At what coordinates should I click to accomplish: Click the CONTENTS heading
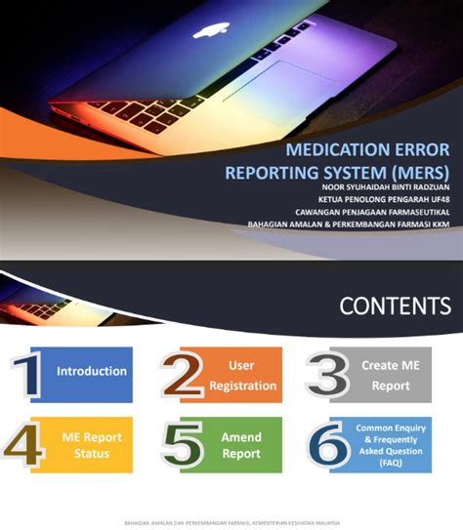(395, 306)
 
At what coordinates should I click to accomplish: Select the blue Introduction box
(91, 372)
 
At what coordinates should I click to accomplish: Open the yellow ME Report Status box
(91, 445)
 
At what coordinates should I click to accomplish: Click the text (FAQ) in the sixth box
(391, 463)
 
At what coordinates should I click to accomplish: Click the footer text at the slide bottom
(231, 522)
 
